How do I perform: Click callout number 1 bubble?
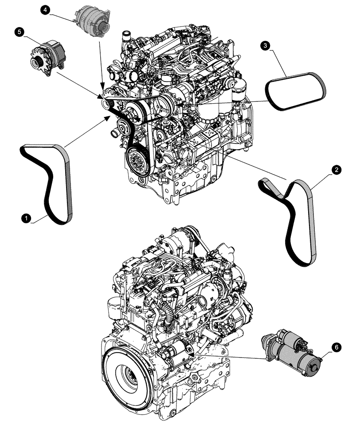pos(27,218)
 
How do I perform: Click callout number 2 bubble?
pos(337,170)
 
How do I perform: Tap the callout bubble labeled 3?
pos(265,46)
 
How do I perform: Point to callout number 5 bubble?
pos(19,31)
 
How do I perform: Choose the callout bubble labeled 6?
pos(336,348)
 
